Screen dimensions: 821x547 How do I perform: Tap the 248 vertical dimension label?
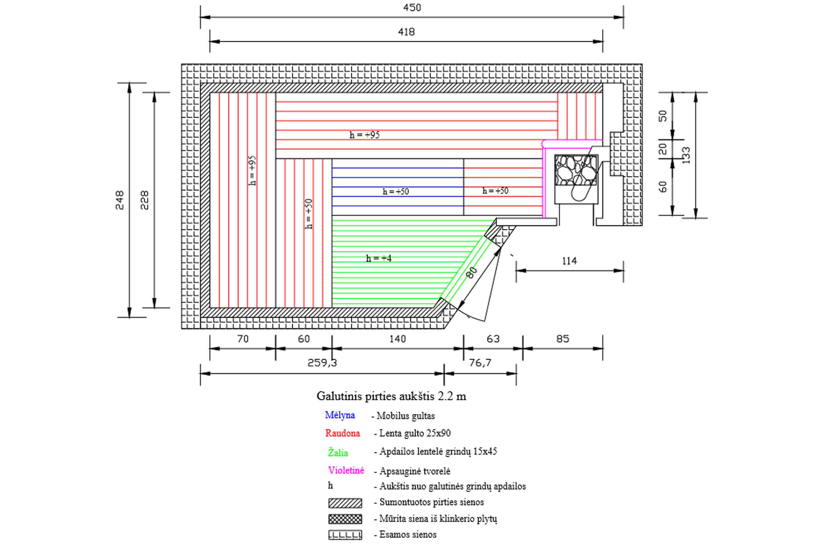(120, 200)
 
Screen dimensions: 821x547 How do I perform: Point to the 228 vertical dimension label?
(145, 200)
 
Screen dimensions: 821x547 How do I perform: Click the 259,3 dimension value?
(322, 363)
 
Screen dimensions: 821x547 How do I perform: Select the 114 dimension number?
(569, 261)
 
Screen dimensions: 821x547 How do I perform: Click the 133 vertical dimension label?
(686, 155)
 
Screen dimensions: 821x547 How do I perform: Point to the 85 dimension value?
(563, 339)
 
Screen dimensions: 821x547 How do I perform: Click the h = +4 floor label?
(379, 258)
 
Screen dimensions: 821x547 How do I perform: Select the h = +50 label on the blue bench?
(396, 191)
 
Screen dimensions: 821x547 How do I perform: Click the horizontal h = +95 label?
(365, 135)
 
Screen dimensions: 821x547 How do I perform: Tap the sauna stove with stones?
(576, 179)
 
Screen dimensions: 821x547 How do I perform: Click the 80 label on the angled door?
(472, 272)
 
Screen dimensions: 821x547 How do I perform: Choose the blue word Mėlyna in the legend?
(340, 415)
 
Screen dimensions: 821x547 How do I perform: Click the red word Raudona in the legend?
(342, 433)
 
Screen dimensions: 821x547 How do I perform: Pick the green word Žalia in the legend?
(338, 452)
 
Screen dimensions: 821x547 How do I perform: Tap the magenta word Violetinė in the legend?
(346, 470)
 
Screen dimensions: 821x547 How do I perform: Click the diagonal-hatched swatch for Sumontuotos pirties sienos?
(345, 503)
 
